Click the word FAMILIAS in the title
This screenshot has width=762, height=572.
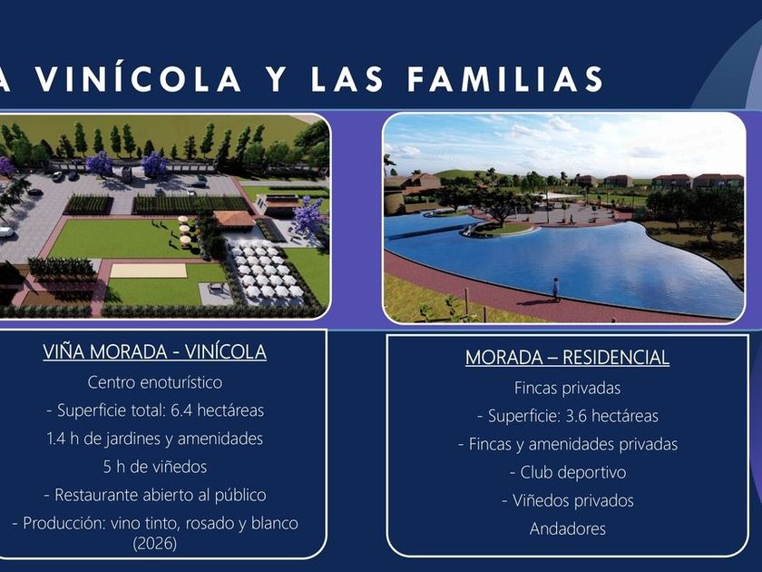tap(505, 79)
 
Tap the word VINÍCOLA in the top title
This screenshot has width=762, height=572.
tap(139, 79)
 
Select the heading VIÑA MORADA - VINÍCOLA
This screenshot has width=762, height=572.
tap(154, 351)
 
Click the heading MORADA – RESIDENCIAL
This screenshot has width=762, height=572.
tap(567, 358)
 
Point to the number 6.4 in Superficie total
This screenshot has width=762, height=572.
tap(181, 410)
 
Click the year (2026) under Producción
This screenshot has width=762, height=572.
tap(155, 543)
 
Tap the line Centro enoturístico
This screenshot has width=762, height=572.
tap(155, 382)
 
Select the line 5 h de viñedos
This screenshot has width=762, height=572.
tap(155, 467)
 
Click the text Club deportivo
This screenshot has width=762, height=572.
tap(573, 472)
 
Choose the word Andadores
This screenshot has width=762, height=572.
tap(568, 528)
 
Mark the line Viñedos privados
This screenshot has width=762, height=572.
tap(573, 500)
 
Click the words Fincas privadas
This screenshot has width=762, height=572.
tap(567, 389)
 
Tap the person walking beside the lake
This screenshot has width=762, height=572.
tap(555, 289)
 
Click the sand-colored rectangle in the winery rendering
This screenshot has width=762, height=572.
tap(148, 271)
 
